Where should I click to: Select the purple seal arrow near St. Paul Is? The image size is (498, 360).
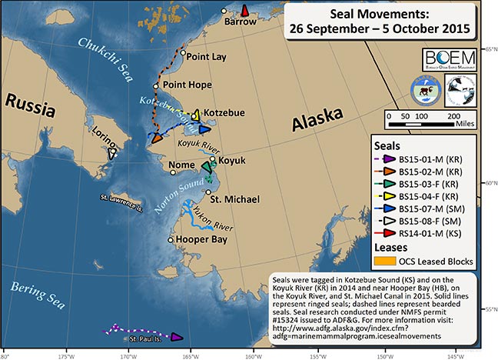click(176, 337)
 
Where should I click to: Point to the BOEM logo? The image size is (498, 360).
click(448, 60)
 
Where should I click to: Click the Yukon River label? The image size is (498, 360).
click(217, 225)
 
